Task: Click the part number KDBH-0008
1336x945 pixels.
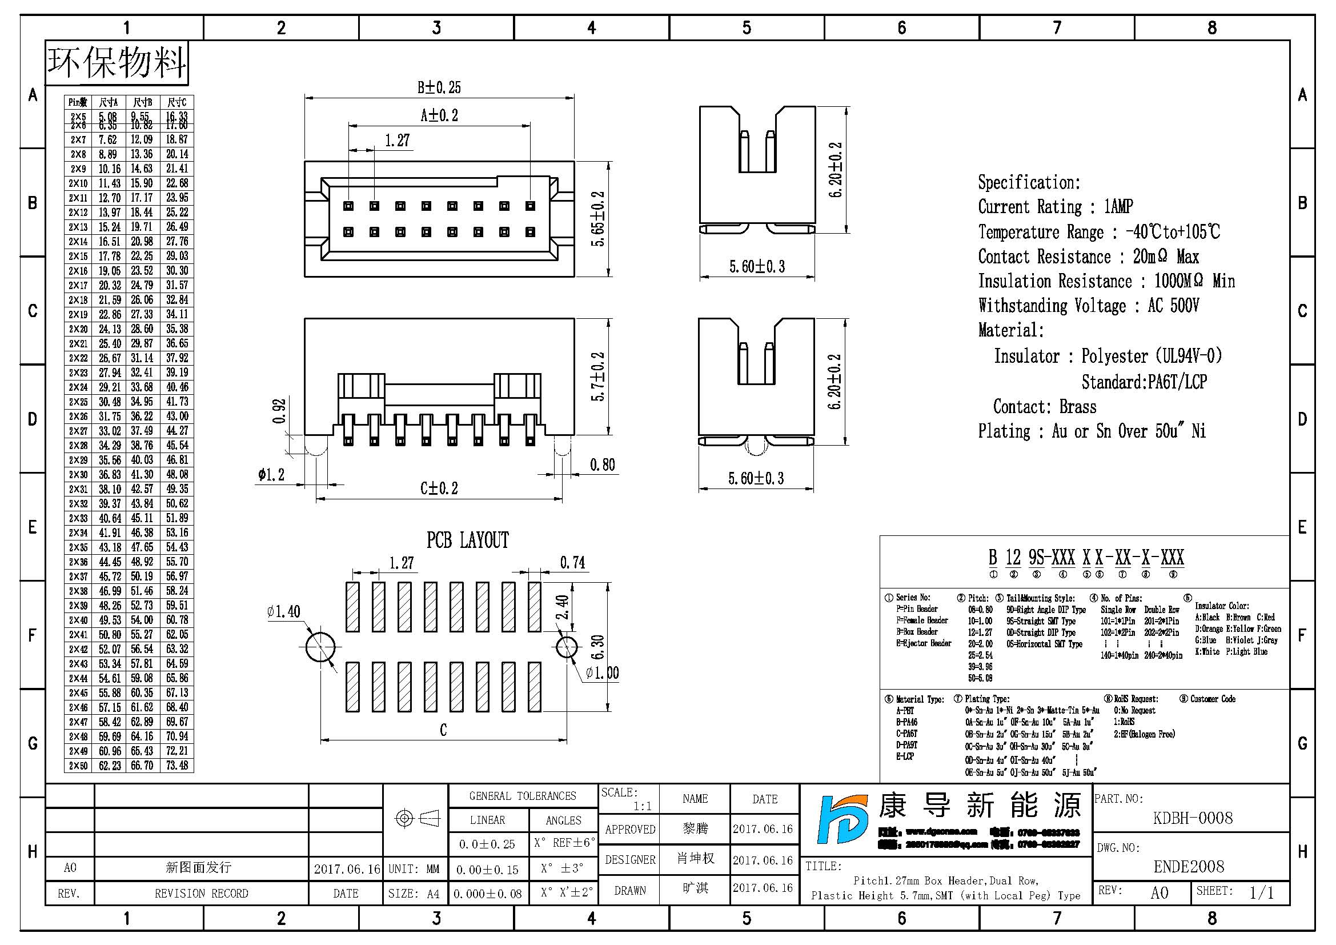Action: pos(1192,818)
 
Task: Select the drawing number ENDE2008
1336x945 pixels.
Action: pos(1189,867)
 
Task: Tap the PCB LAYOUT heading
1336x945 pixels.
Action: pos(467,540)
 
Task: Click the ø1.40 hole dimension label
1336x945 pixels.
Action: pos(283,611)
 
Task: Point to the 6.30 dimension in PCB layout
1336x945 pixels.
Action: pos(598,648)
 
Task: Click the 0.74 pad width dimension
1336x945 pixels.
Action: pos(572,563)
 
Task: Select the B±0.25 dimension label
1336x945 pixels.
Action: pos(439,87)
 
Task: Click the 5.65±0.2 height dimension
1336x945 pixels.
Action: pos(598,219)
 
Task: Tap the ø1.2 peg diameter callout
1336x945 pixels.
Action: pos(271,475)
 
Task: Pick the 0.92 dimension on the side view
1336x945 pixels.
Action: pos(280,411)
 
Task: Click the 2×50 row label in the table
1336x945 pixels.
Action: pos(78,766)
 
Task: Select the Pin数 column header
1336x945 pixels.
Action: pos(78,102)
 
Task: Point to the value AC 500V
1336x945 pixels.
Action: pos(1173,306)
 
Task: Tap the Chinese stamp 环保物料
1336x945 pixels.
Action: pos(117,62)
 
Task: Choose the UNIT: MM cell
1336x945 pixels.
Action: pos(414,869)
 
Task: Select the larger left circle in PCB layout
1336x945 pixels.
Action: pos(319,647)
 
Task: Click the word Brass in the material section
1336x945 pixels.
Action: pos(1077,406)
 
